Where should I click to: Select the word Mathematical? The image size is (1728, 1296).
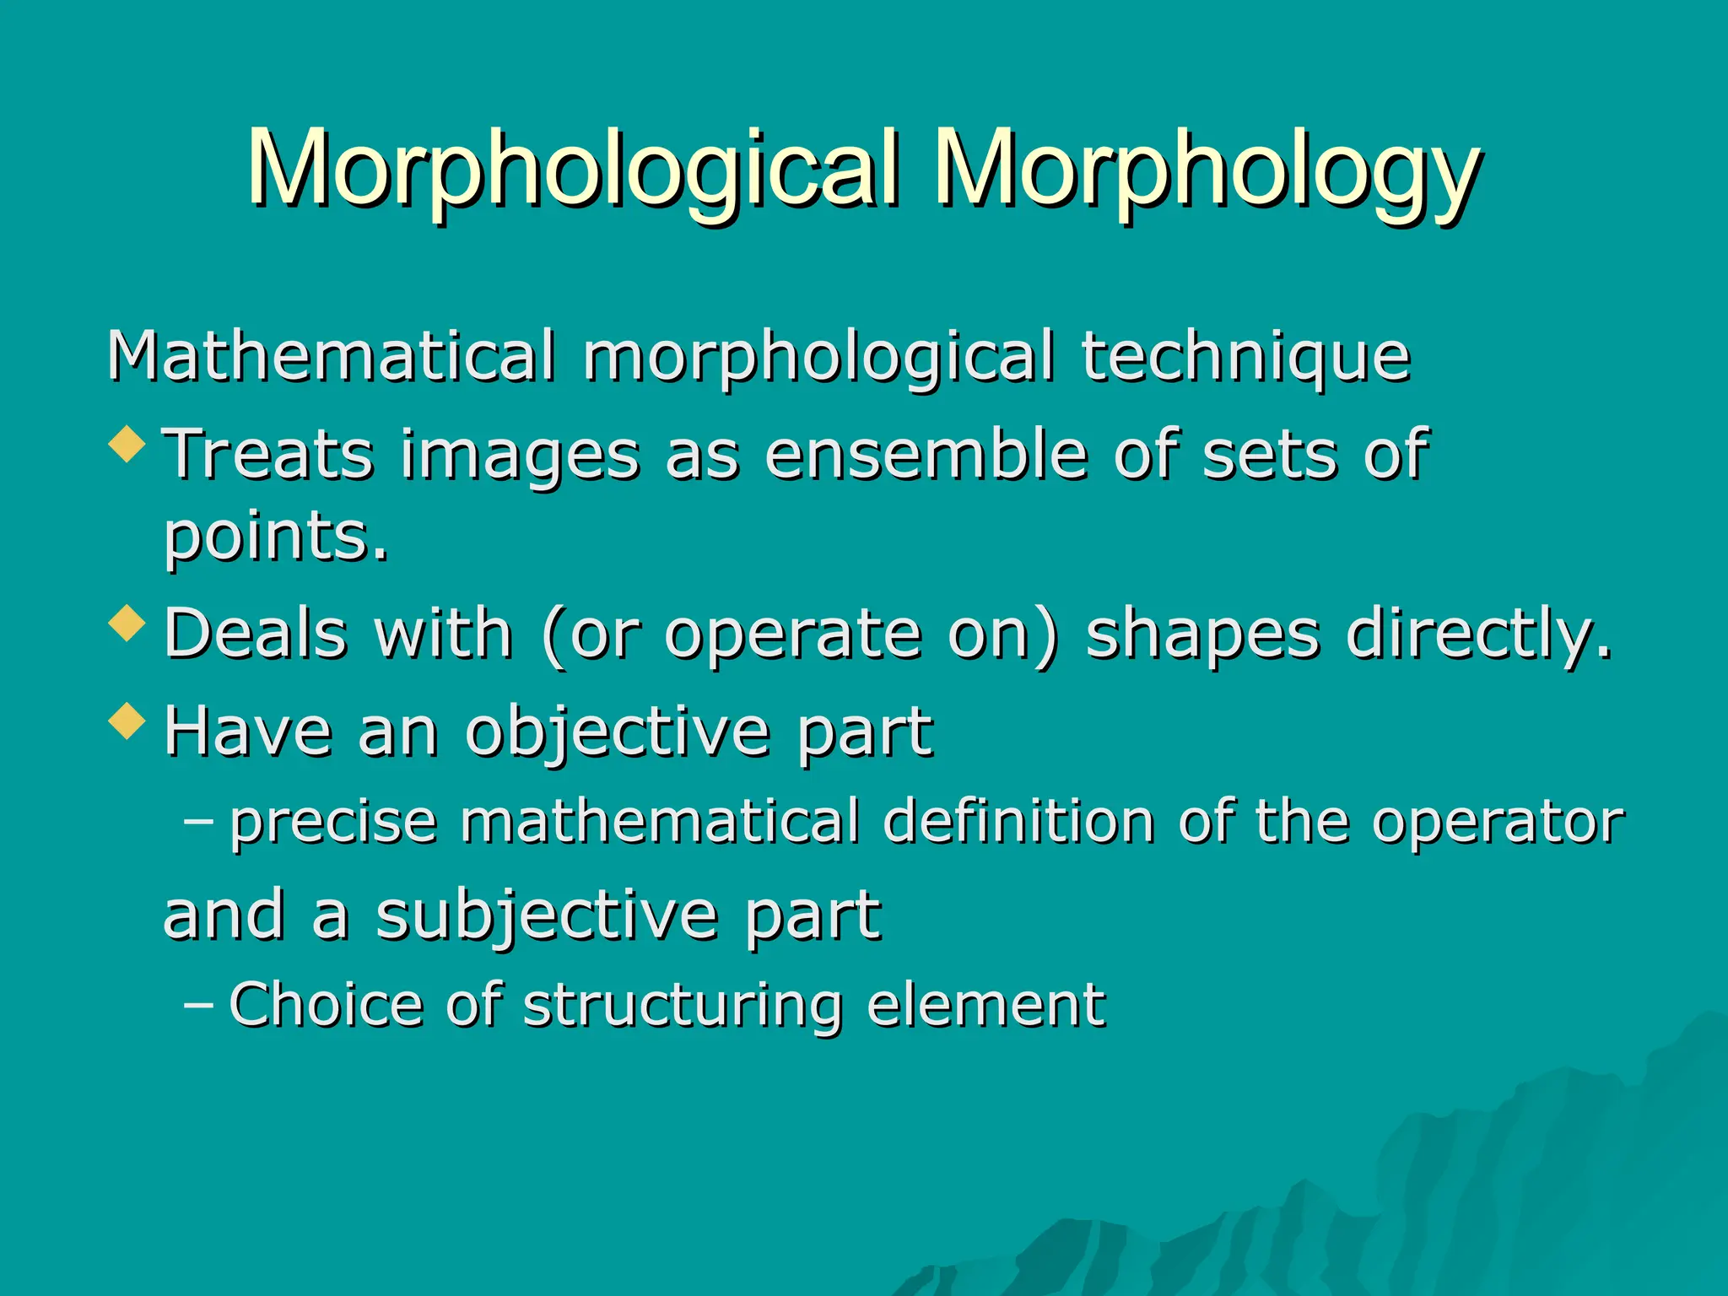pos(332,356)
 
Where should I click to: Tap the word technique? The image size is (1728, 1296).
pos(1245,356)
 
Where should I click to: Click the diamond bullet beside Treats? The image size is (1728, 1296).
pos(127,444)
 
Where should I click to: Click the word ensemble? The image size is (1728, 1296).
pos(926,455)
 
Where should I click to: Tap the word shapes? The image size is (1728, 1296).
pos(1202,634)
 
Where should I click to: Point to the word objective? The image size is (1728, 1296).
pos(617,732)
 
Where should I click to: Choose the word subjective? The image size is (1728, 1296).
pos(546,915)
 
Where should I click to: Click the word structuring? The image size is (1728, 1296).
pos(683,1005)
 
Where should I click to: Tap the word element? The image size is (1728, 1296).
pos(985,1005)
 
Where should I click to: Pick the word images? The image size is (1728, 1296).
pos(520,455)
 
